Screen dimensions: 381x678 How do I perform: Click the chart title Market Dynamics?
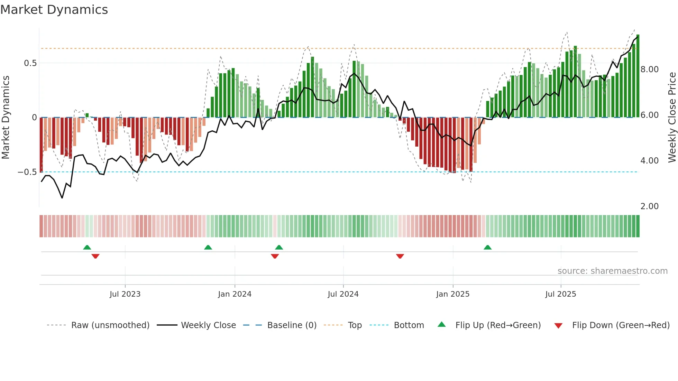[54, 10]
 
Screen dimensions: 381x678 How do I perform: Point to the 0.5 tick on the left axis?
[30, 63]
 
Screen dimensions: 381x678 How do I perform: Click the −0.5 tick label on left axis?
[27, 172]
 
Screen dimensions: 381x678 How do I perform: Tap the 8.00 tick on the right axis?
[649, 69]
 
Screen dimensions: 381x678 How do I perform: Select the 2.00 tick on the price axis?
[649, 206]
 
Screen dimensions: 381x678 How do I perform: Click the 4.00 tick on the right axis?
[649, 161]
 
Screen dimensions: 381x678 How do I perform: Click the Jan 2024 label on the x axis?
[235, 294]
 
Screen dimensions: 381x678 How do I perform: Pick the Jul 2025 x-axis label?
[560, 294]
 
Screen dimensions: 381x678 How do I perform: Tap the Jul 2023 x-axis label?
[125, 294]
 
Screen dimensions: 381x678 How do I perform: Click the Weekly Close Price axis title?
[672, 118]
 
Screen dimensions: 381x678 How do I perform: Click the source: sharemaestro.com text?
[612, 271]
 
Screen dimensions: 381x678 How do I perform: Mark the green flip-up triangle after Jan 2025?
[487, 248]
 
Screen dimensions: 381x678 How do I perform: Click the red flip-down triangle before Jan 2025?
[400, 256]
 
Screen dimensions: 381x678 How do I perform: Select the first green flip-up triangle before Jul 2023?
[87, 248]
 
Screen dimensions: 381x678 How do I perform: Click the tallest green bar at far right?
[638, 76]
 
